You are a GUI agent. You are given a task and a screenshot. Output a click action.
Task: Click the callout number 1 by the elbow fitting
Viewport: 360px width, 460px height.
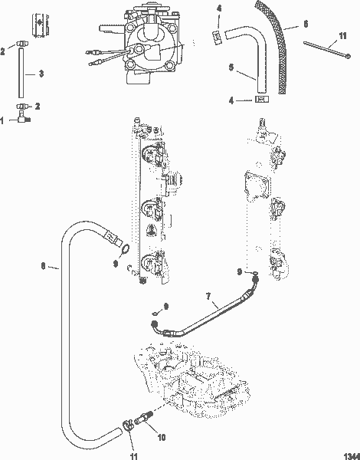pos(4,120)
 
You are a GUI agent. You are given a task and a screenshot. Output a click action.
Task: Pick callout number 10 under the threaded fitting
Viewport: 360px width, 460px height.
pos(162,439)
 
